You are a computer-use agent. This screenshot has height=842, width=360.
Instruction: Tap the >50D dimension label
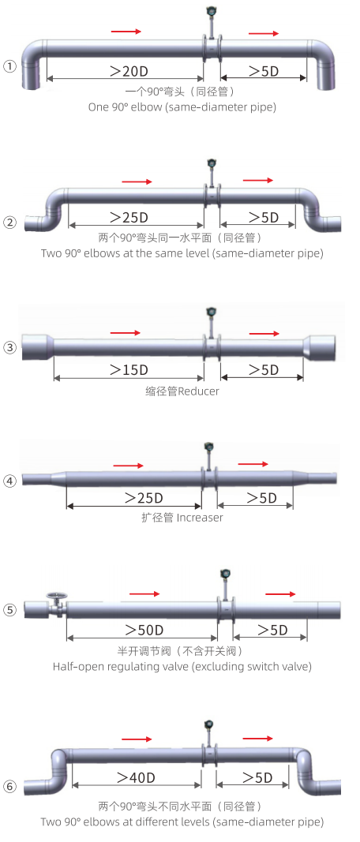[x=144, y=630]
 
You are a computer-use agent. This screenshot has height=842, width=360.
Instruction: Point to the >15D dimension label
[x=129, y=370]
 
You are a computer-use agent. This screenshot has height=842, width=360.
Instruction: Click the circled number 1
[x=9, y=66]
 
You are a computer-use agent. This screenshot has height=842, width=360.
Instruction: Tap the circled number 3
[x=9, y=347]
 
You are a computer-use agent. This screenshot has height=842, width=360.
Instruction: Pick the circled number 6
[x=9, y=787]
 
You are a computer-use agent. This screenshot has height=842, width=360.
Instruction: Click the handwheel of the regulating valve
[x=54, y=596]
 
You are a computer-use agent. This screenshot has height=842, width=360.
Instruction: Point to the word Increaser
[x=200, y=518]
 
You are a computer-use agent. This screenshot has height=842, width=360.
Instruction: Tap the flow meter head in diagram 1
[x=211, y=12]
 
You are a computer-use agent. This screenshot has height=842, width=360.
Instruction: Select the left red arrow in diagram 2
[x=137, y=182]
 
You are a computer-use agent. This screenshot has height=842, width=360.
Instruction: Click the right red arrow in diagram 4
[x=253, y=463]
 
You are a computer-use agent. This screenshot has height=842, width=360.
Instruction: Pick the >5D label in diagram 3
[x=263, y=370]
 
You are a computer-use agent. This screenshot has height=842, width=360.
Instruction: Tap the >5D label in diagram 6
[x=257, y=777]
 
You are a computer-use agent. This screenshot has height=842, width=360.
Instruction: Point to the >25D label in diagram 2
[x=129, y=218]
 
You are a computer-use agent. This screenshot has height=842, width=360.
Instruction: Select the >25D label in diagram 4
[x=144, y=498]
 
